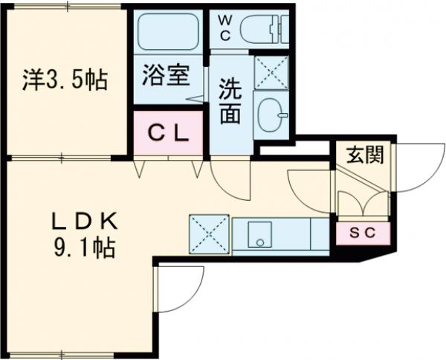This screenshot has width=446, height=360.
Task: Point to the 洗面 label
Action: pos(230,103)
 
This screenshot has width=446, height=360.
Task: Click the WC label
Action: pos(224,28)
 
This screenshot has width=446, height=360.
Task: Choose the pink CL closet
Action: pos(168,133)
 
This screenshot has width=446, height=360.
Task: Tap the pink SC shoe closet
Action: pos(362,232)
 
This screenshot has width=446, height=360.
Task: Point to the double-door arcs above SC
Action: pos(362,203)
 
